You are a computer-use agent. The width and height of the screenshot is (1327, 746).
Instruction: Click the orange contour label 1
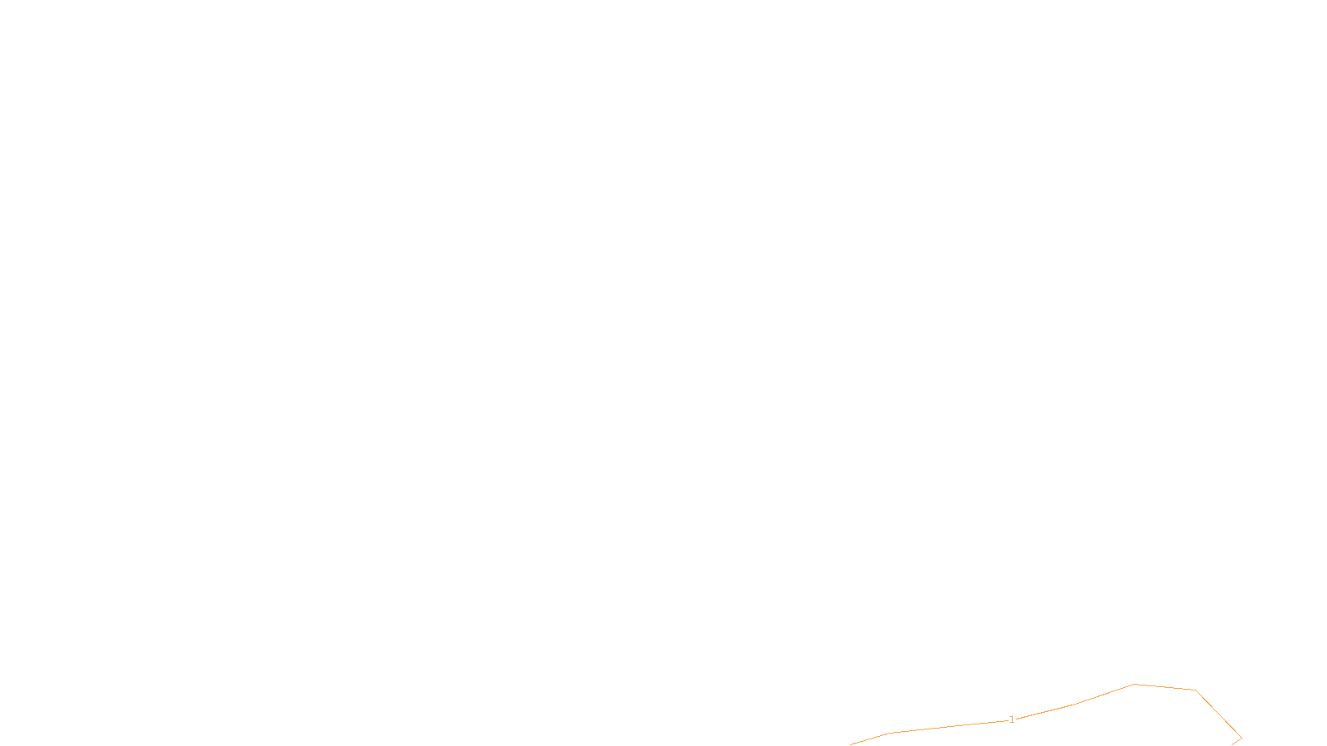[1012, 719]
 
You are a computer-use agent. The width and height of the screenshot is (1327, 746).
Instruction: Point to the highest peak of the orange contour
[1135, 684]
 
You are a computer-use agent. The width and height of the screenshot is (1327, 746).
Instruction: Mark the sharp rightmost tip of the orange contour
[1241, 737]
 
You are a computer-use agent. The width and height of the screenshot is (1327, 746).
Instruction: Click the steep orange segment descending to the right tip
[1218, 714]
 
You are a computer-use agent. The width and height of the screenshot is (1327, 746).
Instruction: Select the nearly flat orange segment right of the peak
[1165, 687]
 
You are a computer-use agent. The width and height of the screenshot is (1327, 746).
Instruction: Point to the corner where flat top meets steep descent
[1195, 690]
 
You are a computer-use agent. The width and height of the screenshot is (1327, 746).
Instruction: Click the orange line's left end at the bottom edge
[852, 744]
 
